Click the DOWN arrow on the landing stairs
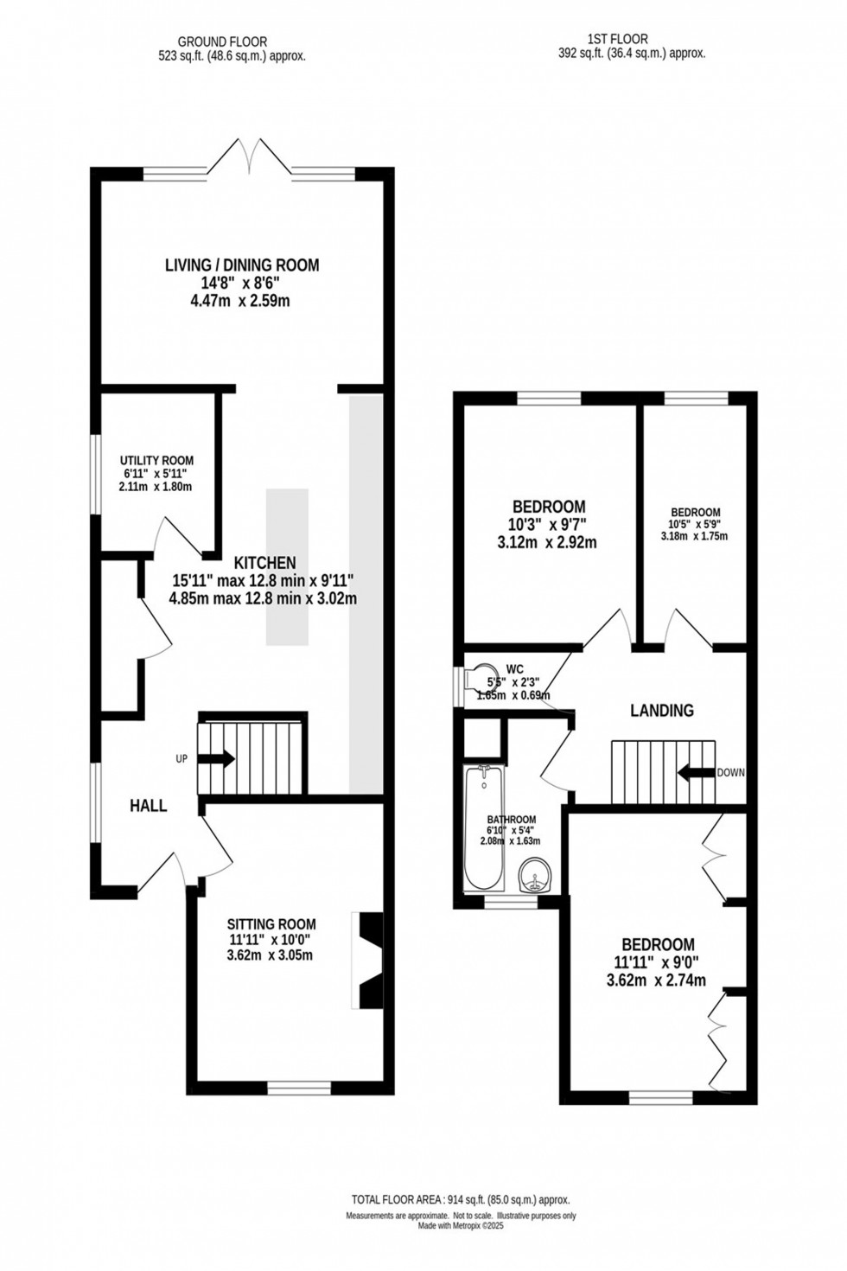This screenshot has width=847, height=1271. pos(696,772)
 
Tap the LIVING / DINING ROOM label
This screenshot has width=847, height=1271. pos(242,265)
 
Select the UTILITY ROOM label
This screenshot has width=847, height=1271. pos(156,461)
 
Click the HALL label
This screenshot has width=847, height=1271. pos(148,806)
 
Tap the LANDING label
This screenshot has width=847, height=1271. pos(661,711)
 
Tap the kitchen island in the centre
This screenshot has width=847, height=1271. pos(287,566)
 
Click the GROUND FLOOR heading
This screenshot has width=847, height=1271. pos(222,41)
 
